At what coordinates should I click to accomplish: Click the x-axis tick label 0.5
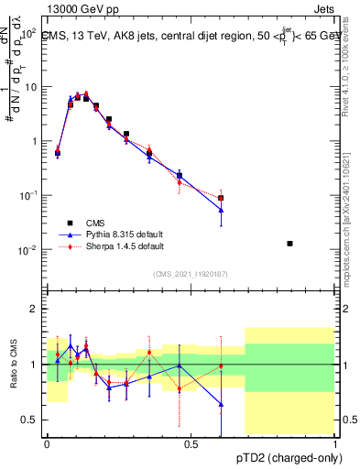click(191, 444)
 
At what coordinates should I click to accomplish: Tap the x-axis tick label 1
click(335, 444)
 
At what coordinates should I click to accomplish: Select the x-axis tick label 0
click(47, 444)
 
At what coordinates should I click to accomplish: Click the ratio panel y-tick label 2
click(34, 309)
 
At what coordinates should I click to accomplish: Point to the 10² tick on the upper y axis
click(27, 32)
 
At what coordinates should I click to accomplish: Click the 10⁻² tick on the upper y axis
click(27, 250)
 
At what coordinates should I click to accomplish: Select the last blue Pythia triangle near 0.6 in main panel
click(221, 210)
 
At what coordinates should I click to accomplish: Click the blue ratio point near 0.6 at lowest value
click(221, 404)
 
